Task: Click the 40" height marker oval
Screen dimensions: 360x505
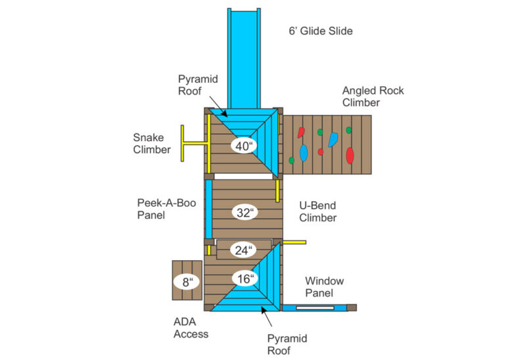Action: click(244, 146)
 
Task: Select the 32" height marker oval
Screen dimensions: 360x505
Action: click(244, 212)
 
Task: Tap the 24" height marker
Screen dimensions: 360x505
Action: click(244, 250)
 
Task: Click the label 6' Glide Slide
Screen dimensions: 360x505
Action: click(320, 31)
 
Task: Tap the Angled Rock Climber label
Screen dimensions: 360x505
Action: click(372, 97)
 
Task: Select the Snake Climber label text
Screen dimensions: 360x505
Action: click(152, 143)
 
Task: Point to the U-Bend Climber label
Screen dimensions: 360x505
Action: click(318, 211)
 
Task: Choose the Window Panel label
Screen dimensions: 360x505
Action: click(324, 286)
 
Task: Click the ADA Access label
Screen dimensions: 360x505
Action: click(191, 327)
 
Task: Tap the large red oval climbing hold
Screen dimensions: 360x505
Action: click(350, 156)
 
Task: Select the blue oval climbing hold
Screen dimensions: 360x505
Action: click(304, 153)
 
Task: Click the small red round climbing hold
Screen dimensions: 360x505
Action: click(321, 152)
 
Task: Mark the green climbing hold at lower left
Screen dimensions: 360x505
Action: click(291, 160)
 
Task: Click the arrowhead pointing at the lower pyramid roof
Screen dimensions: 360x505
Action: click(264, 309)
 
